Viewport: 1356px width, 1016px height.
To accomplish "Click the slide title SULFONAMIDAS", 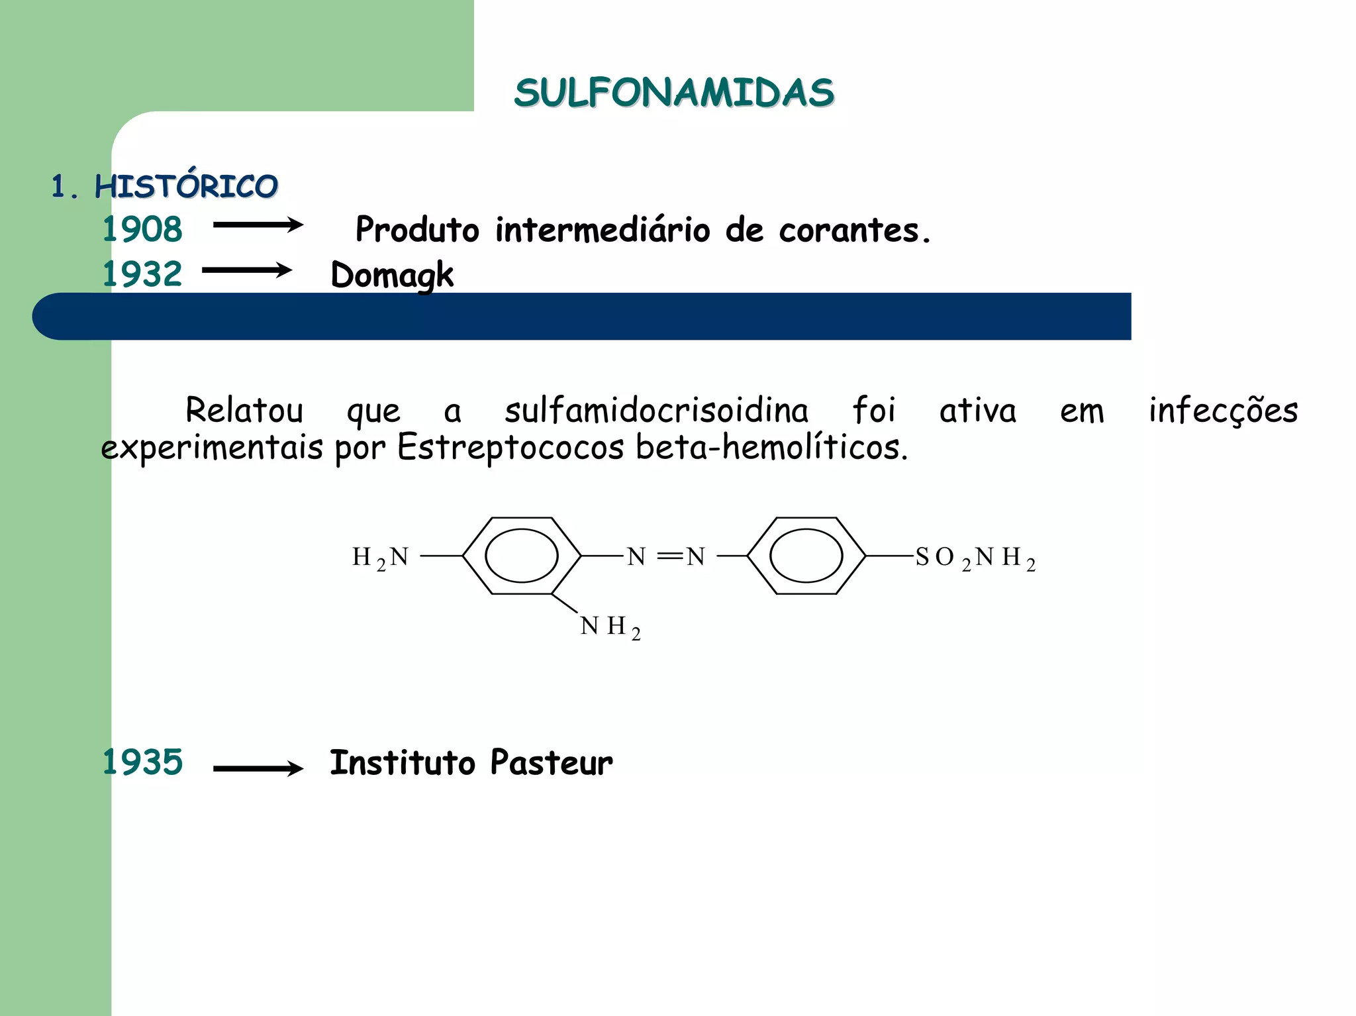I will coord(674,92).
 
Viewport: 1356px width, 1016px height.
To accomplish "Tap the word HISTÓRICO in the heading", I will coord(186,186).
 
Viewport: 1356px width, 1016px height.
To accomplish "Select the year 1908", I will coord(142,229).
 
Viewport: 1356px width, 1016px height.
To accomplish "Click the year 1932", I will coord(142,274).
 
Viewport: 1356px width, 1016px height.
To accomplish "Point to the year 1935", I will coord(142,762).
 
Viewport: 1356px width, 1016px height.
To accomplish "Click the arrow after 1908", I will coord(258,225).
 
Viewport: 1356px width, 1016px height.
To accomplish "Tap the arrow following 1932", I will coord(247,270).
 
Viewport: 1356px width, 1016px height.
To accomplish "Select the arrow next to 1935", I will coord(258,768).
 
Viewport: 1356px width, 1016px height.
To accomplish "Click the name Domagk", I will coord(392,275).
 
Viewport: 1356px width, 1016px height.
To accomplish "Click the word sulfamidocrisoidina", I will coord(656,410).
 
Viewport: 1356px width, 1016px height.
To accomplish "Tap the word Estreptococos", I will coord(510,447).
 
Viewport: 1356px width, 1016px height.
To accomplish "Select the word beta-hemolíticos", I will coord(771,447).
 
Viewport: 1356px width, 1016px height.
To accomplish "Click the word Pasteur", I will coord(552,762).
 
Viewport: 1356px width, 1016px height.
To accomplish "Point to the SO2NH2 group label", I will coord(975,558).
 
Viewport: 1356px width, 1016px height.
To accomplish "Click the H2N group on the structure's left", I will coord(380,558).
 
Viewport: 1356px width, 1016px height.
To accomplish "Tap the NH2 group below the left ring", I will coord(610,627).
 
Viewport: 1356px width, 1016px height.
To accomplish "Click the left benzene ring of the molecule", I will coord(522,556).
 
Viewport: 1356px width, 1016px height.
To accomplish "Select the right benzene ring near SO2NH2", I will coord(806,556).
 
